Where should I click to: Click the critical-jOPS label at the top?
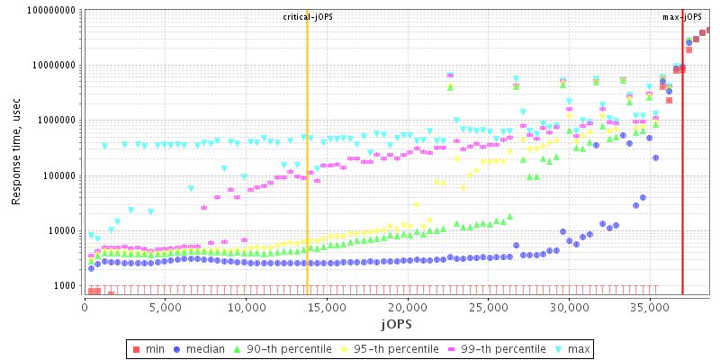click(308, 17)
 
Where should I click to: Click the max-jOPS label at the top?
click(682, 17)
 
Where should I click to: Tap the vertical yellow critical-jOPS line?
click(307, 180)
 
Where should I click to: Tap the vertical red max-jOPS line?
click(682, 180)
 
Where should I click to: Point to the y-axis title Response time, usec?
click(15, 151)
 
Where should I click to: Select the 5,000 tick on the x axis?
click(165, 306)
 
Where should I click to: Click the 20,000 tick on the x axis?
click(407, 306)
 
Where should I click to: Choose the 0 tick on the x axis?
click(85, 306)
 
